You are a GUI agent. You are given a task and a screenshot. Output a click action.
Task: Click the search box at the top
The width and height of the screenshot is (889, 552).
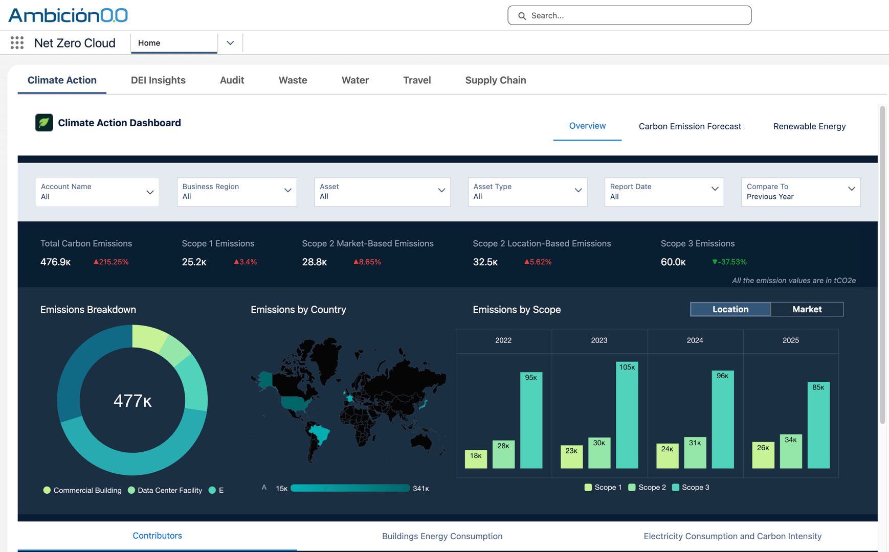pyautogui.click(x=629, y=15)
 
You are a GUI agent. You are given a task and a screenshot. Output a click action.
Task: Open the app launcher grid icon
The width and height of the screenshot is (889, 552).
pyautogui.click(x=17, y=43)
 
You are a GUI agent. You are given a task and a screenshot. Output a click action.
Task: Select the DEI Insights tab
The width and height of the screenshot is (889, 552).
pyautogui.click(x=158, y=80)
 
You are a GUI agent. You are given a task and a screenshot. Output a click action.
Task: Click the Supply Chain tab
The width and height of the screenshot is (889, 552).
pyautogui.click(x=495, y=80)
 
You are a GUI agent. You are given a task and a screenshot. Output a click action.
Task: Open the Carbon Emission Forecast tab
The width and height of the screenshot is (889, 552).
pyautogui.click(x=690, y=126)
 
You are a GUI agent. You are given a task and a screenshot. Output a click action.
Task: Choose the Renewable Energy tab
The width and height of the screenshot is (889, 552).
pyautogui.click(x=809, y=126)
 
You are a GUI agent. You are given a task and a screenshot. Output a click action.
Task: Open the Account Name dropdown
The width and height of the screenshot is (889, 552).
pyautogui.click(x=97, y=192)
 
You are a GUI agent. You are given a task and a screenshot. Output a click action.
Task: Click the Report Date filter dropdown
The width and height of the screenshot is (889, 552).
pyautogui.click(x=663, y=192)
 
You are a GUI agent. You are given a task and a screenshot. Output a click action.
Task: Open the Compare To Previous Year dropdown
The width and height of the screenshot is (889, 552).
pyautogui.click(x=800, y=192)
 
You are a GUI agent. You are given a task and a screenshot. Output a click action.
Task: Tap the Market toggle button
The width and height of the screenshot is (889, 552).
pyautogui.click(x=807, y=309)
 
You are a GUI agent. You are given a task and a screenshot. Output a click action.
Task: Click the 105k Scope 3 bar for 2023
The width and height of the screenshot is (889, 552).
pyautogui.click(x=627, y=417)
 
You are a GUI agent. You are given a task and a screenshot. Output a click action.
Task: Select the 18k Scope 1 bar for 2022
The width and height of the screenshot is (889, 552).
pyautogui.click(x=476, y=459)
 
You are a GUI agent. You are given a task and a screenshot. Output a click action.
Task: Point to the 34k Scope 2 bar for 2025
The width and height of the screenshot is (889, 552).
pyautogui.click(x=790, y=451)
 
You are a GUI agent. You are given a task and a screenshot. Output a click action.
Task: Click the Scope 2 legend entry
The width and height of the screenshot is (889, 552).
pyautogui.click(x=647, y=488)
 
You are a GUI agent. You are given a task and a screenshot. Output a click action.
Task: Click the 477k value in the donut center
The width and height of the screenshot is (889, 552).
pyautogui.click(x=132, y=401)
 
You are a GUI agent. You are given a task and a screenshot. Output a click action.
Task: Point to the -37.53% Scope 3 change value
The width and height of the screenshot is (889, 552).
pyautogui.click(x=729, y=262)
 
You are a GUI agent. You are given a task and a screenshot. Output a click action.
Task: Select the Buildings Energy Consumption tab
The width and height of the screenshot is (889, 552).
pyautogui.click(x=442, y=536)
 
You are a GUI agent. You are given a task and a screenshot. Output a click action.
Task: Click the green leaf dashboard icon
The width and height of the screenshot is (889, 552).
pyautogui.click(x=44, y=123)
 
